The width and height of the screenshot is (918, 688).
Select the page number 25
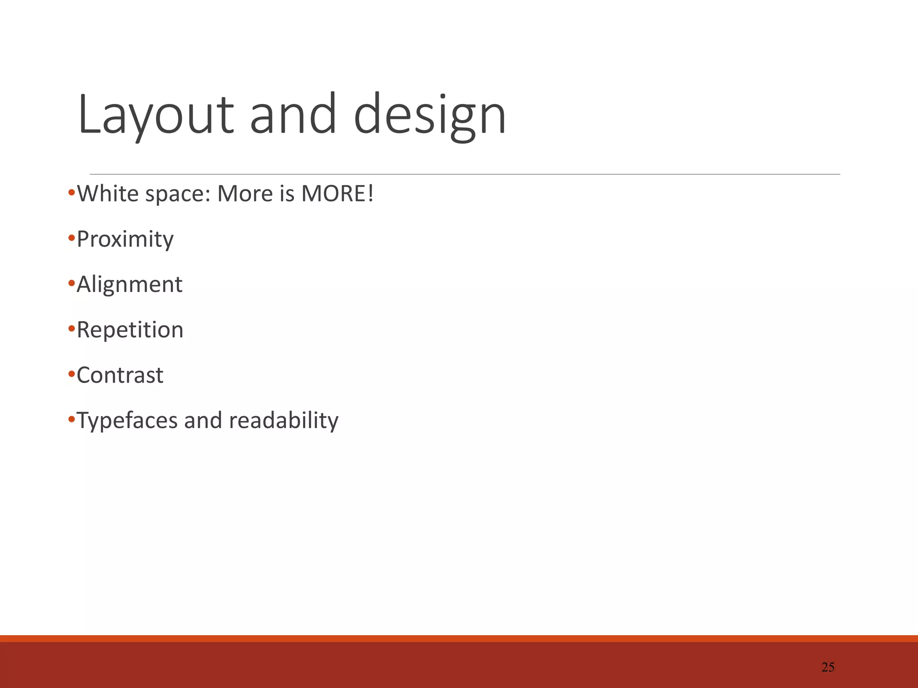pyautogui.click(x=828, y=667)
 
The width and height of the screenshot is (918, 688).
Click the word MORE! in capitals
pyautogui.click(x=337, y=194)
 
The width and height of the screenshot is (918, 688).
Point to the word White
pyautogui.click(x=108, y=194)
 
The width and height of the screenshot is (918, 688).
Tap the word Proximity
pyautogui.click(x=125, y=240)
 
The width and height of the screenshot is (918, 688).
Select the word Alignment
pyautogui.click(x=130, y=285)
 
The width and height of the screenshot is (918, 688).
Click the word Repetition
pyautogui.click(x=130, y=330)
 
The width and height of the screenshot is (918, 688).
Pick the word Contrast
pyautogui.click(x=120, y=375)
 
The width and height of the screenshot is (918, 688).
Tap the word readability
pyautogui.click(x=284, y=421)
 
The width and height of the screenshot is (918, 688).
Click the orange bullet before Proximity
pyautogui.click(x=71, y=238)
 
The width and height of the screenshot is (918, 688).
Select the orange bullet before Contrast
pyautogui.click(x=71, y=374)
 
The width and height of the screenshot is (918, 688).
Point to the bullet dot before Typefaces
pyautogui.click(x=71, y=420)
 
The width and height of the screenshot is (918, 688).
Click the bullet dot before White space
pyautogui.click(x=71, y=193)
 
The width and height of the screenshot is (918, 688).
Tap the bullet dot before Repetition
pyautogui.click(x=71, y=329)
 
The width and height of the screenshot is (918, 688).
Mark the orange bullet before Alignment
pyautogui.click(x=71, y=284)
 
